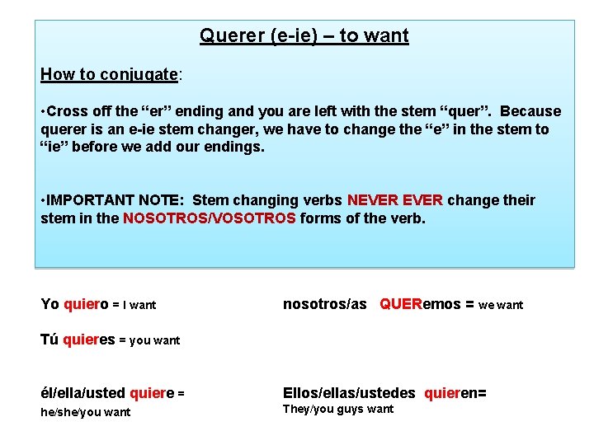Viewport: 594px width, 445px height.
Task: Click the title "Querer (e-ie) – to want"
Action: pos(304,36)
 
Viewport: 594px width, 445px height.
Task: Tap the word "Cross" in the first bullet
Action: pos(68,111)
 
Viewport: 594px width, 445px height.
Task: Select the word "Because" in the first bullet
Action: pos(530,111)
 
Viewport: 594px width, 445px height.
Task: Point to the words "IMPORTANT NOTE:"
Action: pos(115,200)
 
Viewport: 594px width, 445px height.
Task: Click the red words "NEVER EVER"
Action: pos(395,200)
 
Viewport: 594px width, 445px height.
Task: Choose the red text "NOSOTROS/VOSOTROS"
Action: pos(209,218)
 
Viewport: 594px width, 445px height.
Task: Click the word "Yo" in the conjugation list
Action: pos(49,304)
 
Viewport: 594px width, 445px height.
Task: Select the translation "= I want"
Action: pos(134,305)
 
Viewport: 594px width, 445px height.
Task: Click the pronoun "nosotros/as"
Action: pos(325,304)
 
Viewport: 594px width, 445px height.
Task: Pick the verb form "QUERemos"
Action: pos(421,304)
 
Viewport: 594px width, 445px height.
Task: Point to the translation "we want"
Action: pos(501,305)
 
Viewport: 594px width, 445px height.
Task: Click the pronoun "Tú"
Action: pos(49,340)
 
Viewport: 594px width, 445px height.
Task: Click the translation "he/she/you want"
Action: pos(86,412)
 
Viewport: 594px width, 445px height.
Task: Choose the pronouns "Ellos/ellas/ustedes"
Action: pos(350,393)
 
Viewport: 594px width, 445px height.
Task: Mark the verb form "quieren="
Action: pos(455,393)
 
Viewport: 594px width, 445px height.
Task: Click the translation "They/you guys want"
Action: pos(338,410)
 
